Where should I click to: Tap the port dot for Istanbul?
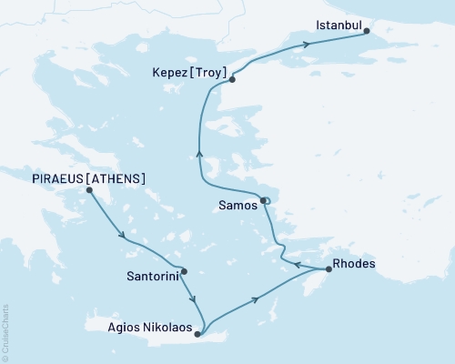point(367,31)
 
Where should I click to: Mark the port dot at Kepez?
point(232,80)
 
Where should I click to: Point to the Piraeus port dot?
point(89,190)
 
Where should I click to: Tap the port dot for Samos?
point(263,201)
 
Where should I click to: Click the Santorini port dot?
point(184,271)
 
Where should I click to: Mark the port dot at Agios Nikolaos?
point(197,334)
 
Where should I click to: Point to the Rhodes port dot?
point(329,269)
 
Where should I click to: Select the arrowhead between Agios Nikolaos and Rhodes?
point(258,298)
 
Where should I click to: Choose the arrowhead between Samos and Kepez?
point(198,157)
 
